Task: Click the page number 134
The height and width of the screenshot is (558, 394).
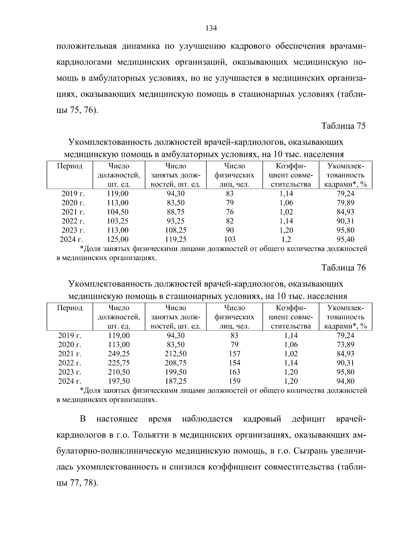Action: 211,28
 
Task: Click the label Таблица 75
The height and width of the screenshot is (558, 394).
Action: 343,126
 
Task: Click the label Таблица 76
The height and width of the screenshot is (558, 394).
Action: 343,268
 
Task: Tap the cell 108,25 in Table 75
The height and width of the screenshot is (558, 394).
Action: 176,230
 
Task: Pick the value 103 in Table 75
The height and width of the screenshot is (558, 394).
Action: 230,239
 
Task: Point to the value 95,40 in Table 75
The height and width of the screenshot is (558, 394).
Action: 345,239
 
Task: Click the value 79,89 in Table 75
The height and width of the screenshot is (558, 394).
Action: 345,203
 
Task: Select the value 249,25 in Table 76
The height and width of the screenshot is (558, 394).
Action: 119,354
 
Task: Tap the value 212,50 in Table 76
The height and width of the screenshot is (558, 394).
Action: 176,354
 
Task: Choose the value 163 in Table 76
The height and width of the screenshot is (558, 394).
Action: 234,372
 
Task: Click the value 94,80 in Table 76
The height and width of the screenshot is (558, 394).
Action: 345,381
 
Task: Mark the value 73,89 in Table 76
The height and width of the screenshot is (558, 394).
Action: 345,345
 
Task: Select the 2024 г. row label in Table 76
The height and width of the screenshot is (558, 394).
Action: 70,381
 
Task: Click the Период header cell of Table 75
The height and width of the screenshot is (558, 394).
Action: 70,166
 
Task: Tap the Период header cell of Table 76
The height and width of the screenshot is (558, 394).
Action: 70,308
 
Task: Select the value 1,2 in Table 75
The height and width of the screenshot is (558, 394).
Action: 285,239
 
